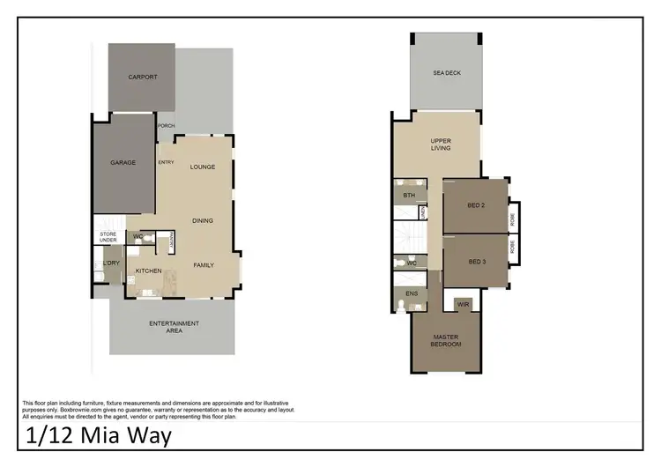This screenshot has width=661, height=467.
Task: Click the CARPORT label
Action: (x=143, y=78)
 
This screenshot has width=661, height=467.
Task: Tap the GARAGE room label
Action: (x=123, y=162)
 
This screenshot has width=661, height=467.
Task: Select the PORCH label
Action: (x=166, y=125)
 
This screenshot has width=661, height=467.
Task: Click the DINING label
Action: (x=203, y=220)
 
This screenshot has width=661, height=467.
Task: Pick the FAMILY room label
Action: (x=204, y=264)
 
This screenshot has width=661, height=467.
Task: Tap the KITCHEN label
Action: (x=148, y=271)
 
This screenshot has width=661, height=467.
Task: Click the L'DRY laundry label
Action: (x=111, y=264)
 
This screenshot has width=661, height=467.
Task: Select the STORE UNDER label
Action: (x=108, y=237)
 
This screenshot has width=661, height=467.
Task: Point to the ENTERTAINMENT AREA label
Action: (x=174, y=327)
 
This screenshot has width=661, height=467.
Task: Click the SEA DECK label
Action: (x=446, y=73)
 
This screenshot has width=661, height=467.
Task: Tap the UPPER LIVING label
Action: (x=441, y=145)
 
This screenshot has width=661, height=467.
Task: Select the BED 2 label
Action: (x=476, y=205)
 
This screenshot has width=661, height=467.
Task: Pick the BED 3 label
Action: (x=476, y=262)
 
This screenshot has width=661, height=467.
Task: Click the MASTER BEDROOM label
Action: (x=446, y=340)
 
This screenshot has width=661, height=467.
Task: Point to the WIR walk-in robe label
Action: (x=463, y=304)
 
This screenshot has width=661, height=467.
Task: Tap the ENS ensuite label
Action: (x=411, y=293)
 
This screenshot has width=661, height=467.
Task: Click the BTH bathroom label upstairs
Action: (x=409, y=195)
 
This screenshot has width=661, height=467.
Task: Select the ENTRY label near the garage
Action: (x=166, y=162)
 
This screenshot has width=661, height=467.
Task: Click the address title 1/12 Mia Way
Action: (x=98, y=434)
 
